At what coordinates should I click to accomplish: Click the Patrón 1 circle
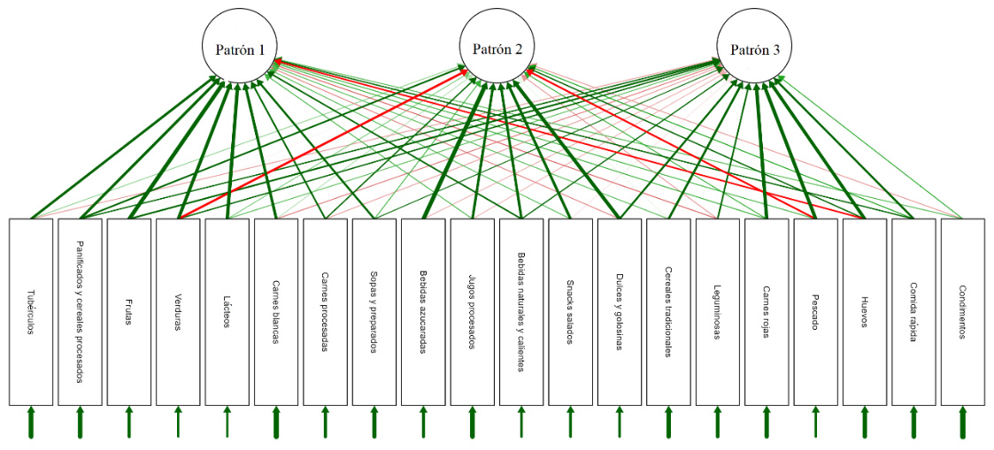[x=240, y=50]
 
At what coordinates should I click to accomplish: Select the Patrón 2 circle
[x=497, y=50]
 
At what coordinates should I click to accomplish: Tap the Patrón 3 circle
[x=755, y=50]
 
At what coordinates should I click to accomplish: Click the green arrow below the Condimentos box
[x=962, y=423]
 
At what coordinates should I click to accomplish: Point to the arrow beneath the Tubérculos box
[x=31, y=423]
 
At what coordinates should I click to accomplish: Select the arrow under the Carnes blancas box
[x=276, y=423]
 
